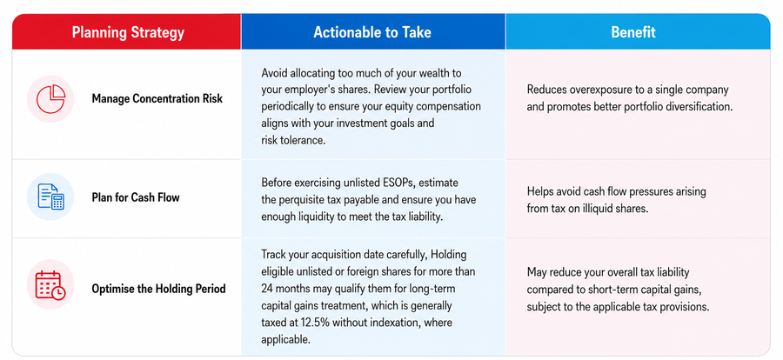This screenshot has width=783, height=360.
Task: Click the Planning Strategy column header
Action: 128,32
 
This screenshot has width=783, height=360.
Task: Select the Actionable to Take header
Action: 372,32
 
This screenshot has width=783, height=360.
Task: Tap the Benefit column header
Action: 633,32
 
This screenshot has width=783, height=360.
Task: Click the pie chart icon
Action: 50,99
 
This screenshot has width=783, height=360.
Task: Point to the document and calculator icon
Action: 50,197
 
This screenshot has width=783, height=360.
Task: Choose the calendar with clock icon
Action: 50,285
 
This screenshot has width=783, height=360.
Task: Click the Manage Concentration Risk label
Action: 157,98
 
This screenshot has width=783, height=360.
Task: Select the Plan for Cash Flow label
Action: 136,197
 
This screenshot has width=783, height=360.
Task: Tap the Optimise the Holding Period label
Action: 159,289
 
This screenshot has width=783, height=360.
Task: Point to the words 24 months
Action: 283,289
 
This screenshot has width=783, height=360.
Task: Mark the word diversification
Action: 700,107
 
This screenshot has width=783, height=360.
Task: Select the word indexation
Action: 396,322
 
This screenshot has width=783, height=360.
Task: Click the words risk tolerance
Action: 293,140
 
